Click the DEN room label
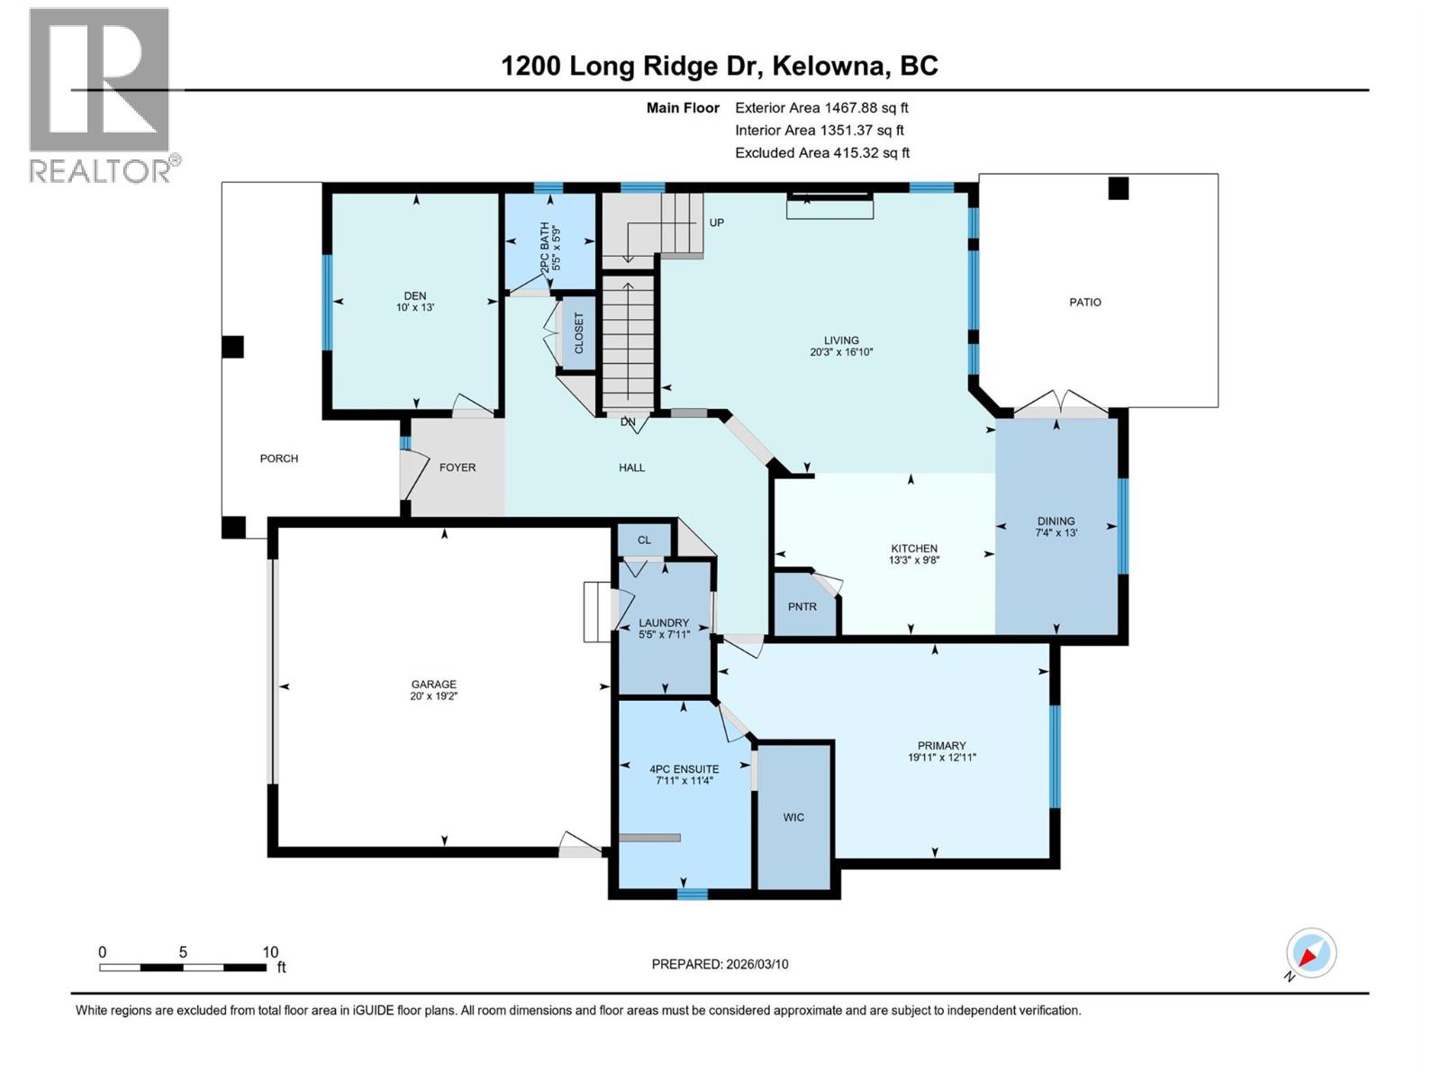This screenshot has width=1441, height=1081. [415, 296]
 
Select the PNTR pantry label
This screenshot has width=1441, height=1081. [802, 606]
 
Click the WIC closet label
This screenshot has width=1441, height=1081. [793, 817]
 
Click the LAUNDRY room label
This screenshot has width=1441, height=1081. [664, 622]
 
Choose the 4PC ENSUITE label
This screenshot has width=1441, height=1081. [684, 769]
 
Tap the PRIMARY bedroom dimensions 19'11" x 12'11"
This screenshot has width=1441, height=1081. [941, 758]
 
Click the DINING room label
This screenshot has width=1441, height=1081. [1056, 521]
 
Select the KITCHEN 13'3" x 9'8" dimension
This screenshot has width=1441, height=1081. [914, 559]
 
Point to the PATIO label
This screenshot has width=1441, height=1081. [1085, 302]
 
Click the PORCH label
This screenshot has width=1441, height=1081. [279, 459]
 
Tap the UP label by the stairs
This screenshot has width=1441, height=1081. [717, 223]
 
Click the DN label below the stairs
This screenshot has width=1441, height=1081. [628, 422]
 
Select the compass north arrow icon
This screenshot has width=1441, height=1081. [1310, 953]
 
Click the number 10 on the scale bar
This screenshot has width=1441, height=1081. [270, 952]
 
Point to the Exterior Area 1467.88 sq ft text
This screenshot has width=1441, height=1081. [821, 107]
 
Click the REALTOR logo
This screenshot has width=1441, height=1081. [100, 95]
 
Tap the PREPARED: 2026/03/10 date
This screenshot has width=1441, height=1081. [720, 964]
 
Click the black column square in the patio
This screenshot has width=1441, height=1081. [1118, 187]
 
